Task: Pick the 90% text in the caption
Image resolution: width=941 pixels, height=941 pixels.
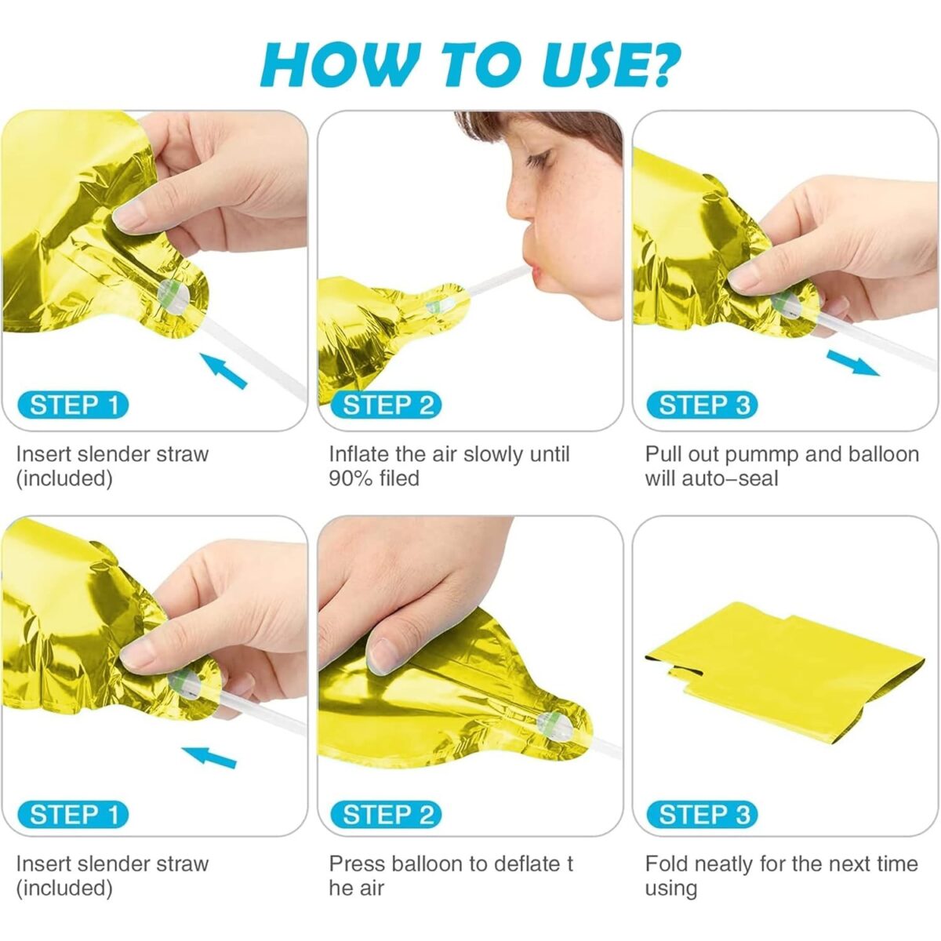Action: [x=350, y=478]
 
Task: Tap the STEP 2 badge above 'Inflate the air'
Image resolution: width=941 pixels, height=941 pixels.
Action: [x=387, y=405]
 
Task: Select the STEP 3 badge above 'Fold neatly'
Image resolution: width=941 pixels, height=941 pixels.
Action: [x=703, y=815]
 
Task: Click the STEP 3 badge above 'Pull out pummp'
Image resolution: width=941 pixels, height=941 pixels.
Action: [x=703, y=405]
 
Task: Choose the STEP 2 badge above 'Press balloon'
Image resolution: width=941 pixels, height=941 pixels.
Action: [x=387, y=815]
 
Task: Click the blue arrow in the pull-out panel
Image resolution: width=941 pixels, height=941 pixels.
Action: [x=852, y=363]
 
